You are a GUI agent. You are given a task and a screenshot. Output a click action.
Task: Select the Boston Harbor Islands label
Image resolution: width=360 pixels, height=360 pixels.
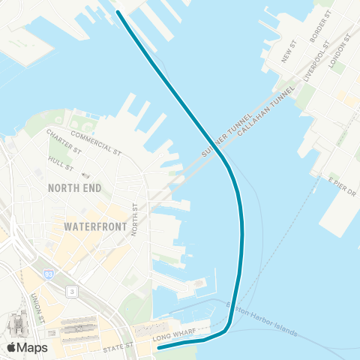[262, 320]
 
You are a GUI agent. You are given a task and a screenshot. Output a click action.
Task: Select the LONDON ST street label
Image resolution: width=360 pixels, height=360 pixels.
[340, 52]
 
